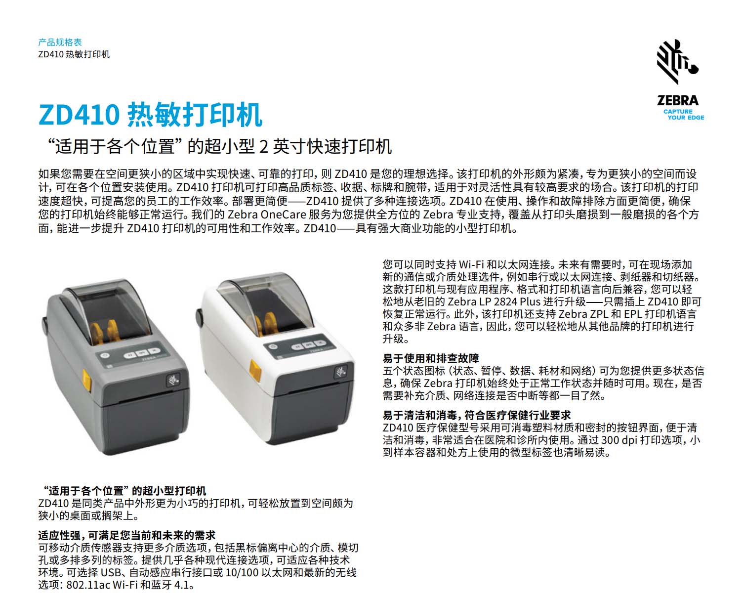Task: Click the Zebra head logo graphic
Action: tap(677, 62)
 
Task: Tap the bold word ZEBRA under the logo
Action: tap(678, 101)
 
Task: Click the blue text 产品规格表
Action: tap(60, 42)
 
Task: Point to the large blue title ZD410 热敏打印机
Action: tap(150, 115)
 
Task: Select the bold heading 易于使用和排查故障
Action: tap(430, 358)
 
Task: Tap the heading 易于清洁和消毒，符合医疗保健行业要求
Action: tap(476, 415)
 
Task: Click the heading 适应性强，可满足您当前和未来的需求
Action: tap(126, 536)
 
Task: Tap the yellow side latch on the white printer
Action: tap(255, 370)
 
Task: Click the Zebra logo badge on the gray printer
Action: tap(173, 381)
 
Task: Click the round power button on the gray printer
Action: tap(105, 355)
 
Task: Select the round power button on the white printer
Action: tap(272, 346)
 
